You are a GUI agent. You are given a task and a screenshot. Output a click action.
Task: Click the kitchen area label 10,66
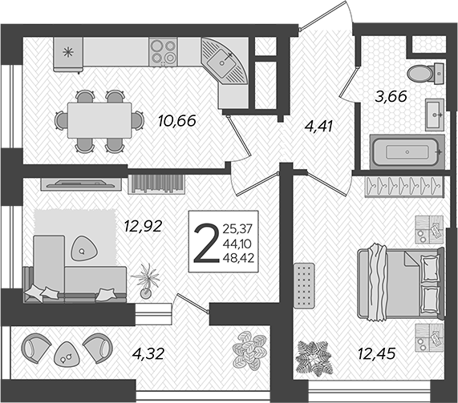point(176,121)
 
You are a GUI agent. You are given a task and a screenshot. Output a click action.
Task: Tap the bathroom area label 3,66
point(391,96)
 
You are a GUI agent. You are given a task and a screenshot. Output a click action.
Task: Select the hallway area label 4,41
point(318,127)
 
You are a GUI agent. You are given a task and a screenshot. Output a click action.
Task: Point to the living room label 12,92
point(143,226)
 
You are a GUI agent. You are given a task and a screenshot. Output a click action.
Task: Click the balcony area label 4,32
point(148,353)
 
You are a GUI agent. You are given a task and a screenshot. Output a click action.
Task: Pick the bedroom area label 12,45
point(376,353)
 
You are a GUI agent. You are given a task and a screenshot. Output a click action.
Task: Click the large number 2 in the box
point(206,243)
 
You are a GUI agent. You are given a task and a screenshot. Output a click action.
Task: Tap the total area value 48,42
point(238,258)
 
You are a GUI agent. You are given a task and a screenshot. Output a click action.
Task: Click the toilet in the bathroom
point(426,73)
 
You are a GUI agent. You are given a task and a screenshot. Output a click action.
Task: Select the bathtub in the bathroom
point(407,151)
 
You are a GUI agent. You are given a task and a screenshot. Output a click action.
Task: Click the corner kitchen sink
point(225,61)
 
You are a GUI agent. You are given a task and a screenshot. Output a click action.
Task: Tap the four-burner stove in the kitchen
point(163,51)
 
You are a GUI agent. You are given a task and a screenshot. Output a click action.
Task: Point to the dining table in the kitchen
point(99,120)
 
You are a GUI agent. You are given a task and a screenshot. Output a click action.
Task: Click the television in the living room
point(81,183)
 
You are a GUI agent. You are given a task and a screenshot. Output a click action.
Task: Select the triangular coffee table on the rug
point(84,248)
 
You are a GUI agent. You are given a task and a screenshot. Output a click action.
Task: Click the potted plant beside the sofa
point(146,280)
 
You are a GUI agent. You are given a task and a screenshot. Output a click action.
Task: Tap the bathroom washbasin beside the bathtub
point(435,115)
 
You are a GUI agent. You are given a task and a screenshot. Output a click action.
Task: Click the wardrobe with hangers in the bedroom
point(404,187)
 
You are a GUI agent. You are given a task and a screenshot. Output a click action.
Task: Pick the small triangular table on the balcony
point(67,354)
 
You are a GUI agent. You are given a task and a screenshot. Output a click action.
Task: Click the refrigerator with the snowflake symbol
point(68,54)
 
